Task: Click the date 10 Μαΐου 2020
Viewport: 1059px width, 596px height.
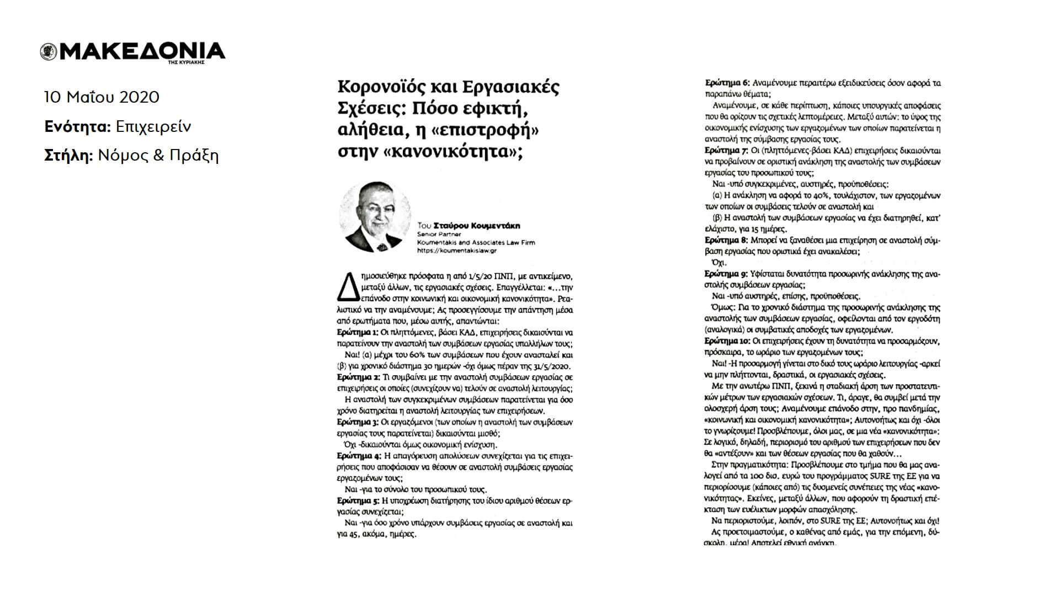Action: (102, 98)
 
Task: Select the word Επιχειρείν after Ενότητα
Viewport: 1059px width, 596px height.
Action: (153, 127)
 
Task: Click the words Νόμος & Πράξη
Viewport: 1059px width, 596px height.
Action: (158, 156)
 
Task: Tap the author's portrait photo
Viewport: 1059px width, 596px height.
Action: (375, 217)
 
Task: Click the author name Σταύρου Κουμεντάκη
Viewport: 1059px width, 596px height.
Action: (476, 226)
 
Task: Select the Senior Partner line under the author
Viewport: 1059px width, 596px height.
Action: (439, 234)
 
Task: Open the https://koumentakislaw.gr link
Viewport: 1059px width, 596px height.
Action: (457, 251)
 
